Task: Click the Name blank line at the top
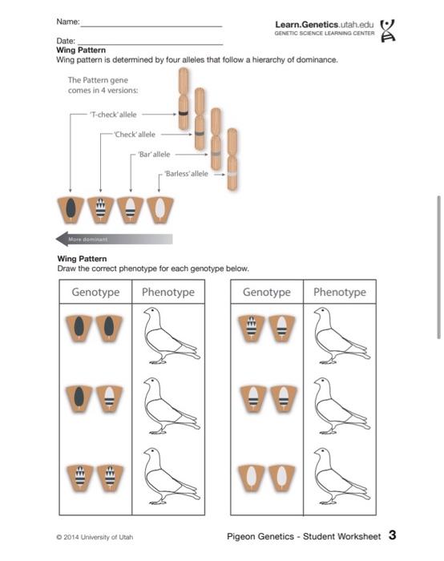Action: click(151, 26)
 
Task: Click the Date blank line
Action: click(150, 45)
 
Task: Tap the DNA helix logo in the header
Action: click(387, 30)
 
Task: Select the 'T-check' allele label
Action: click(113, 115)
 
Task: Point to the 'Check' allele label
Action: click(135, 135)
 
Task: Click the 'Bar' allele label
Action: click(154, 155)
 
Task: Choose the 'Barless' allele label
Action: click(186, 174)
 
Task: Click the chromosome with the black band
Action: click(184, 99)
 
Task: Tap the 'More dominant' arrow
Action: click(114, 239)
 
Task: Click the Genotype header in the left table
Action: click(95, 292)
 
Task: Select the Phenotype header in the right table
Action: click(340, 292)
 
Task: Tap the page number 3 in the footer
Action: click(392, 535)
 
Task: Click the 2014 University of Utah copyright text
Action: click(95, 537)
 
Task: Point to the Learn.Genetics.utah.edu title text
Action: click(324, 25)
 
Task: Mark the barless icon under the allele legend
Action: click(160, 210)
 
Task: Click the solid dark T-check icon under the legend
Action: click(71, 210)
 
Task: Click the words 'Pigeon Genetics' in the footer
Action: click(260, 536)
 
